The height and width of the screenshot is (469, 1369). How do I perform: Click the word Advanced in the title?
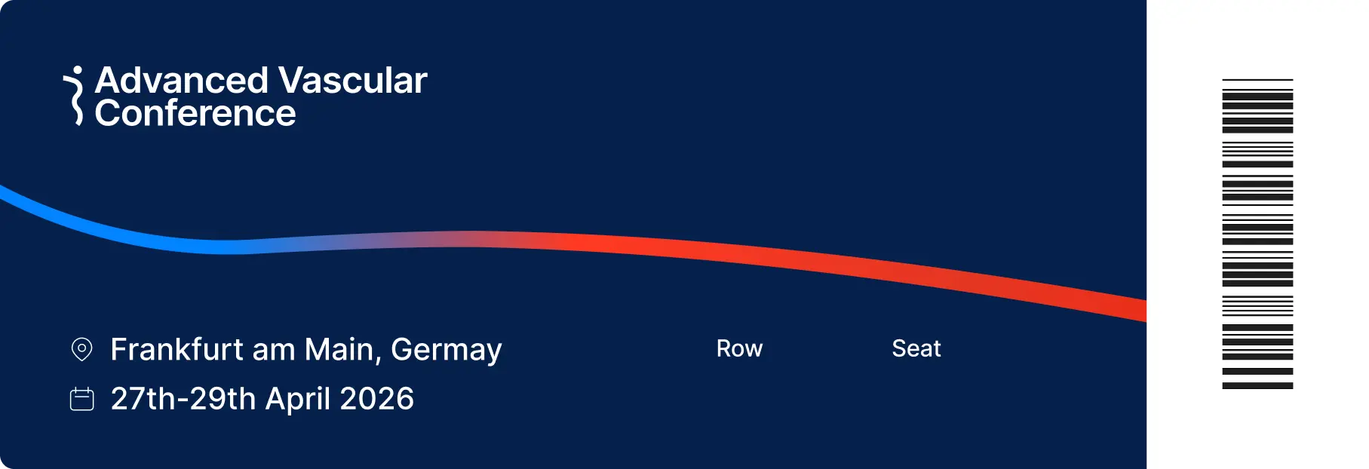tap(181, 81)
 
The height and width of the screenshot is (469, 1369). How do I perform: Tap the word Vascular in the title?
tap(352, 81)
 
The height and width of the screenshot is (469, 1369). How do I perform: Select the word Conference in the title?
tap(195, 114)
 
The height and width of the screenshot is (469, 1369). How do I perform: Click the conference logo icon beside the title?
tap(75, 97)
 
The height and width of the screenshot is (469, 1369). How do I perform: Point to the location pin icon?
tap(81, 349)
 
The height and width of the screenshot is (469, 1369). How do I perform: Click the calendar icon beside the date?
tap(81, 399)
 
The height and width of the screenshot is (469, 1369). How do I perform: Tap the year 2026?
tap(376, 399)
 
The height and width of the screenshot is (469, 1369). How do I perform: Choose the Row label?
tap(739, 348)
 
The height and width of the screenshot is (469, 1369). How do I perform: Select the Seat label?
tap(916, 348)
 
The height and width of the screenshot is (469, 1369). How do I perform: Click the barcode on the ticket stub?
tap(1257, 234)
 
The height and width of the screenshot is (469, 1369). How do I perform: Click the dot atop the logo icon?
tap(78, 71)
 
